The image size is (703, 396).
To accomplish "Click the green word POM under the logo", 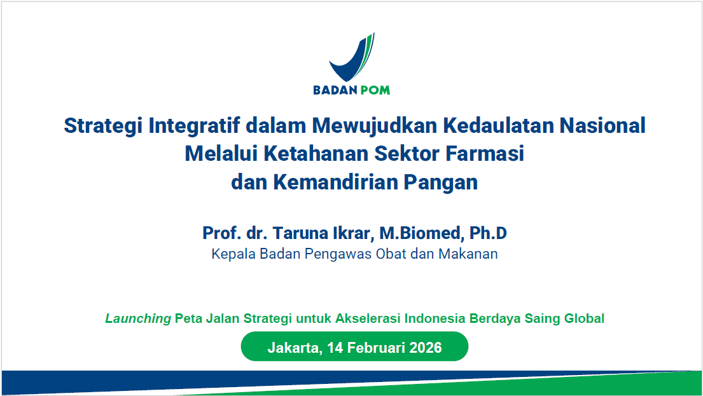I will point(375,90).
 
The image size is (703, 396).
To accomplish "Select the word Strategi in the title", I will point(103,126).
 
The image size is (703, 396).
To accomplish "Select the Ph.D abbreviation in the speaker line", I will point(488,233).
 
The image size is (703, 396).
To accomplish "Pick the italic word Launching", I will point(138,318).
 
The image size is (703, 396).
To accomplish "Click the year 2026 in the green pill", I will point(426,348).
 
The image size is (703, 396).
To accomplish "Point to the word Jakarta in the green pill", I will point(293,348).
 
